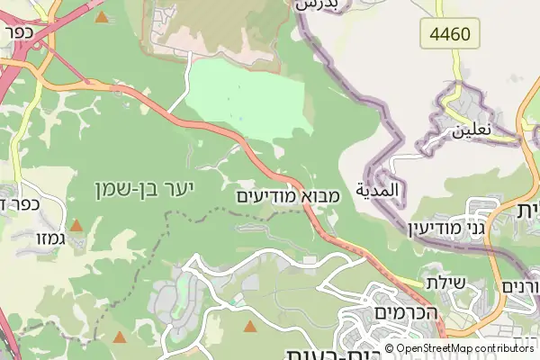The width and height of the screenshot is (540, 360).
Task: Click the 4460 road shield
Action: click(450, 35)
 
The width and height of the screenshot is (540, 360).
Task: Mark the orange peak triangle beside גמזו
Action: click(77, 226)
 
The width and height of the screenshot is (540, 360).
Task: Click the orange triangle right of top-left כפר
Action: click(101, 17)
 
